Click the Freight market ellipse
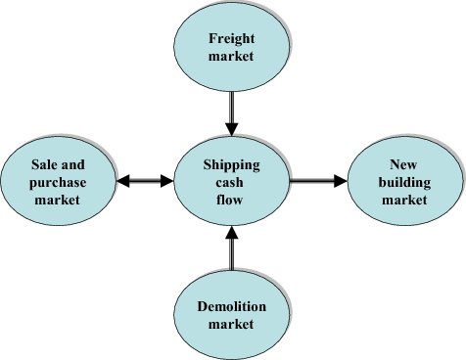[x=231, y=47]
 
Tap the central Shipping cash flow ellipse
[x=231, y=181]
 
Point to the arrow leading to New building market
[x=318, y=181]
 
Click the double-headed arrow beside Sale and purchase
[x=144, y=181]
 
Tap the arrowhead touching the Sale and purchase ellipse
[x=121, y=181]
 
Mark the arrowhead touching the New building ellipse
[x=341, y=181]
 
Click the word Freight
[x=231, y=39]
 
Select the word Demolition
[x=231, y=307]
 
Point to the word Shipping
[x=231, y=165]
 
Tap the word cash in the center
[x=231, y=182]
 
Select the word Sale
[x=44, y=165]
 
